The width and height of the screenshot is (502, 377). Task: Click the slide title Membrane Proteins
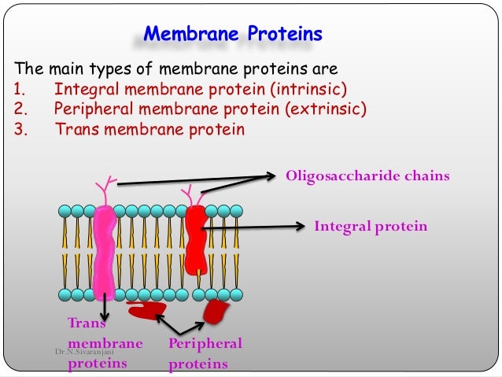232,35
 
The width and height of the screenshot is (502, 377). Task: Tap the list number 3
20,129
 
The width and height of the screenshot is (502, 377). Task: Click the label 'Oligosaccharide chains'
367,176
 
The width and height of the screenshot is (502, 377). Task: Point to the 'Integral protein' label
371,227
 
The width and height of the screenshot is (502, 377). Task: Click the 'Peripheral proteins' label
205,353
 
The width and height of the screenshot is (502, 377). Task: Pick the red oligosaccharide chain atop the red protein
188,195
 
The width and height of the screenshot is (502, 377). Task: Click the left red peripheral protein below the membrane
146,310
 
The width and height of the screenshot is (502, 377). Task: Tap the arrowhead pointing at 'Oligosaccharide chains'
271,175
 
